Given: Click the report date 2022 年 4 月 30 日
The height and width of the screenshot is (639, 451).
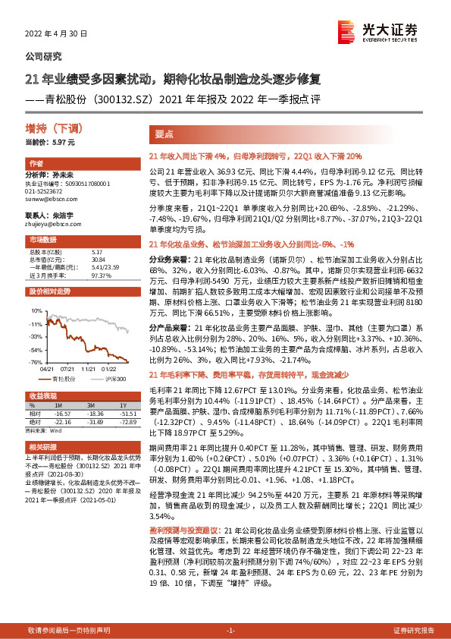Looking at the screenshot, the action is (x=58, y=34).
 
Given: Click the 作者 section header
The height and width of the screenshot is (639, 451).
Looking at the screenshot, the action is (x=36, y=164).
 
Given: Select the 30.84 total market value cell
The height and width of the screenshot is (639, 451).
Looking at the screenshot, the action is (x=97, y=260).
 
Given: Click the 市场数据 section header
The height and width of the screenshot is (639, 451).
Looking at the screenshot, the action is (x=39, y=240).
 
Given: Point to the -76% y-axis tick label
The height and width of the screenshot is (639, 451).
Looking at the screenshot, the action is (x=35, y=362).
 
